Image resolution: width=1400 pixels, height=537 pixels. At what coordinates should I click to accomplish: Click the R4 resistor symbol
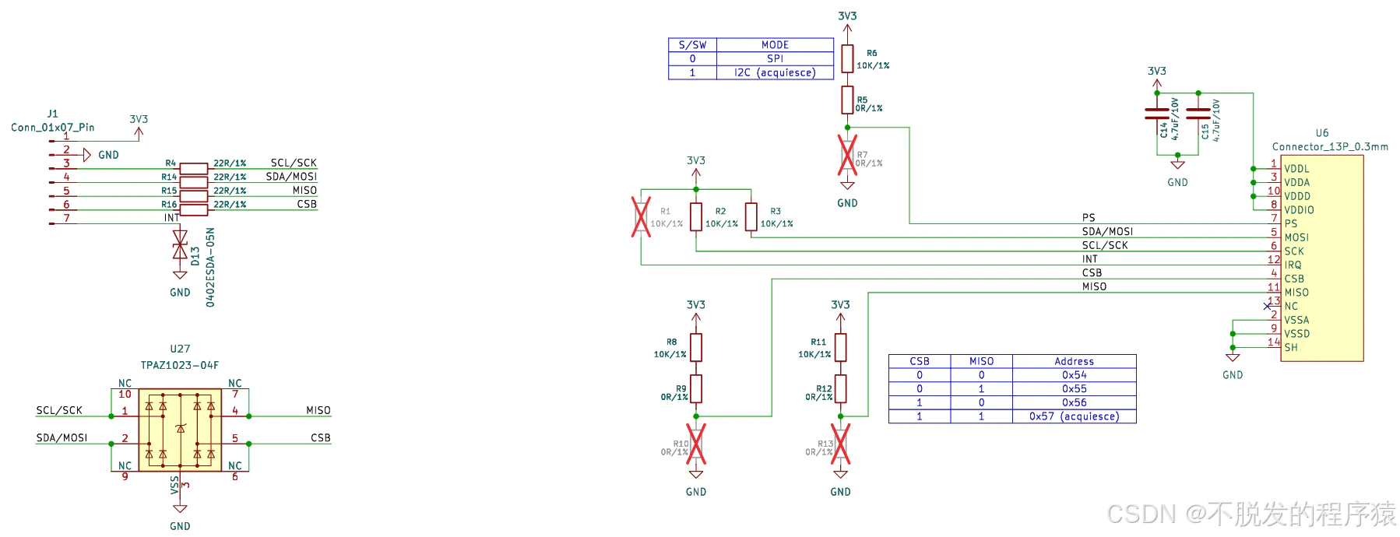[193, 168]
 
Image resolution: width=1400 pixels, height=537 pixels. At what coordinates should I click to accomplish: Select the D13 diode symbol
[180, 244]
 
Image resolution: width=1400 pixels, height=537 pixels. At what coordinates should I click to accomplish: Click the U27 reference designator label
[180, 349]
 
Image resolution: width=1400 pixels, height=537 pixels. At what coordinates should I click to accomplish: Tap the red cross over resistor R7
[847, 155]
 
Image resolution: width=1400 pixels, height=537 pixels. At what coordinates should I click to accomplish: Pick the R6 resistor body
[847, 58]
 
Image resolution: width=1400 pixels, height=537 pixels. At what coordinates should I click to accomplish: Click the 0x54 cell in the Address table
[1075, 375]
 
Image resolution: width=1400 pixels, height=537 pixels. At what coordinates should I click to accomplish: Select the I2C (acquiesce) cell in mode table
[775, 72]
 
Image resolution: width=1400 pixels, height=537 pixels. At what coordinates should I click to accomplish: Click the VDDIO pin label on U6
[1299, 210]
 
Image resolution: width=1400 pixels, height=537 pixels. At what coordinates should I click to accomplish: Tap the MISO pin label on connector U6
[1296, 293]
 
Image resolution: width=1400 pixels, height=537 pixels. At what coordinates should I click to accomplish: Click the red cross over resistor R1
[641, 216]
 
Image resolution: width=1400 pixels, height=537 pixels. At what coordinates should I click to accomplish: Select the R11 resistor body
[840, 347]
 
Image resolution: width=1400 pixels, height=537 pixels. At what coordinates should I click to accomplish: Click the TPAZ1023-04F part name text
[180, 365]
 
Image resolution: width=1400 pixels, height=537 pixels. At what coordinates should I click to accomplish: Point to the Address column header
[1075, 361]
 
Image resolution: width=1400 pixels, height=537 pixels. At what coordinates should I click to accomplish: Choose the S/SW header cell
[692, 45]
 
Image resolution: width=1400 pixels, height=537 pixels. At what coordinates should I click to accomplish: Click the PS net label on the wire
[1089, 218]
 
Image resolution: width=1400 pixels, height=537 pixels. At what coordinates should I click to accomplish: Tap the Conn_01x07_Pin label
[53, 128]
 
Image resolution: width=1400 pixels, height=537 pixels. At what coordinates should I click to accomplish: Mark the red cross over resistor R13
[840, 444]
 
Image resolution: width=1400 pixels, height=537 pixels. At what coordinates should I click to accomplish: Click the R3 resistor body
[751, 217]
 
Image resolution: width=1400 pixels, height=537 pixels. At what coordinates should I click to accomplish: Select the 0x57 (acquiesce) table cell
[1075, 416]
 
